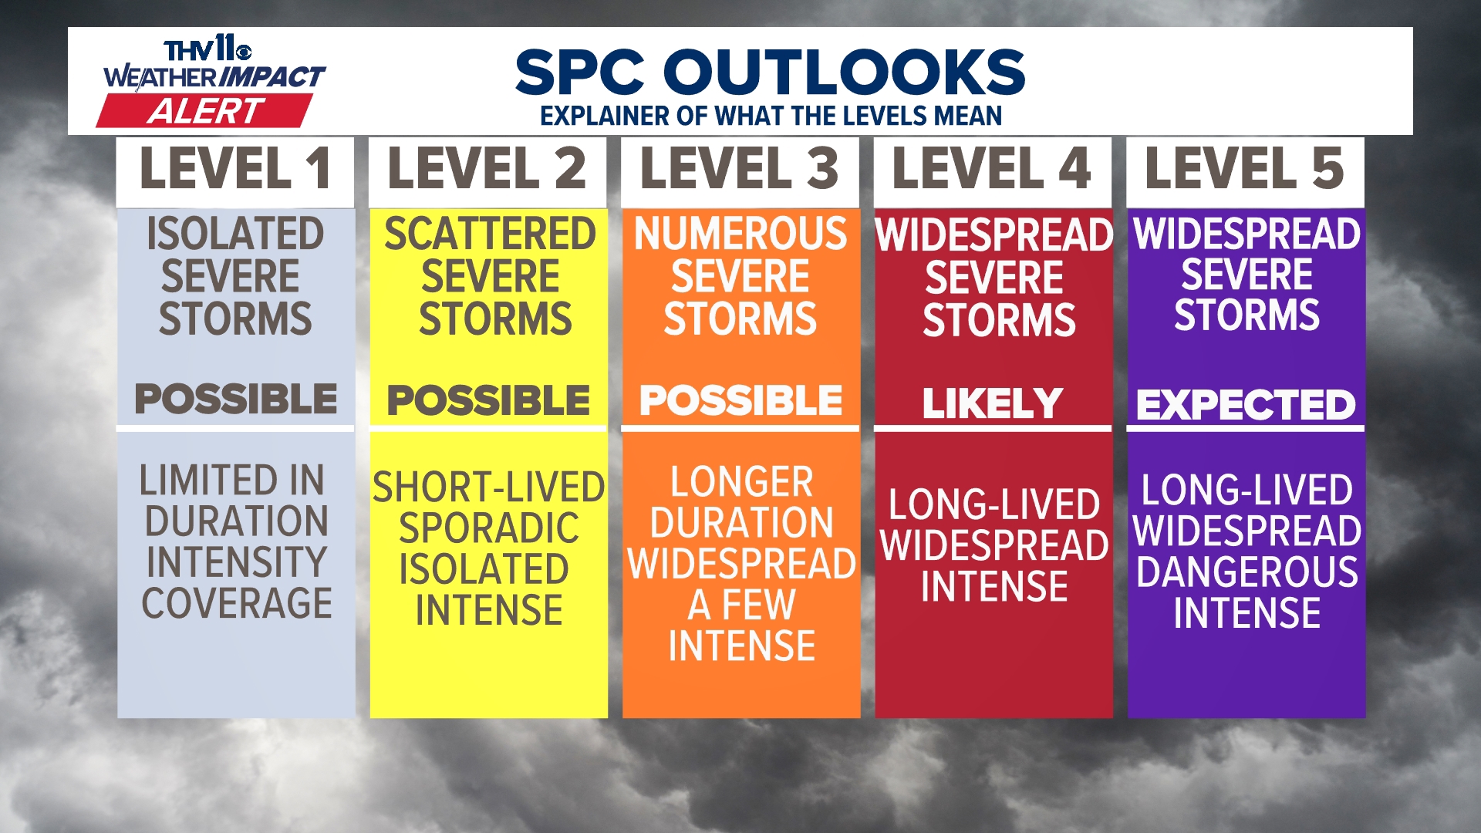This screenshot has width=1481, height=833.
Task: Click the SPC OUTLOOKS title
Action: pos(770,72)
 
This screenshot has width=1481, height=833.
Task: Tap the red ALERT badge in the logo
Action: pos(205,111)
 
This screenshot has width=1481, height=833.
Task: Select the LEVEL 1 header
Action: pos(235,169)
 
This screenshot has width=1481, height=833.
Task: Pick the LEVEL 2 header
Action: pos(487,169)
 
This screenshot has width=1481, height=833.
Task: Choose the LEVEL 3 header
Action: pos(740,169)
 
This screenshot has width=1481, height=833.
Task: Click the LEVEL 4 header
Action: pos(992,169)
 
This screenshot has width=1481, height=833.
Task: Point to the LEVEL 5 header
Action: pos(1244,169)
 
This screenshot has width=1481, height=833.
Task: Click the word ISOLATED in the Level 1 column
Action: pos(235,234)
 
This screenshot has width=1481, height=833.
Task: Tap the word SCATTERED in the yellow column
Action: pos(490,234)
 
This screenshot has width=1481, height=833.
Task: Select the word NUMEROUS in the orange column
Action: pos(740,234)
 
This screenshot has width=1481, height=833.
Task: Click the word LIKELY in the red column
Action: pos(993,403)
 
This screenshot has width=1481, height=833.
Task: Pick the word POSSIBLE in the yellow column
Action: pos(488,400)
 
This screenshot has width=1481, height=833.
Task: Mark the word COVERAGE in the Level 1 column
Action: pos(237,603)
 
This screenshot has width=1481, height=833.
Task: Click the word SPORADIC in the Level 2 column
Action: pos(489,528)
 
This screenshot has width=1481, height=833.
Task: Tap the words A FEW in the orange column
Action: pos(741,605)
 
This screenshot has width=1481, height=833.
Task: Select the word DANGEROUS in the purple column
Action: pos(1247,572)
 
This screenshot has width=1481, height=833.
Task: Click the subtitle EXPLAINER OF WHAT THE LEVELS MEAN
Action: pos(771,116)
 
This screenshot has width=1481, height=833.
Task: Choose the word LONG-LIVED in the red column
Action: pos(994,504)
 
